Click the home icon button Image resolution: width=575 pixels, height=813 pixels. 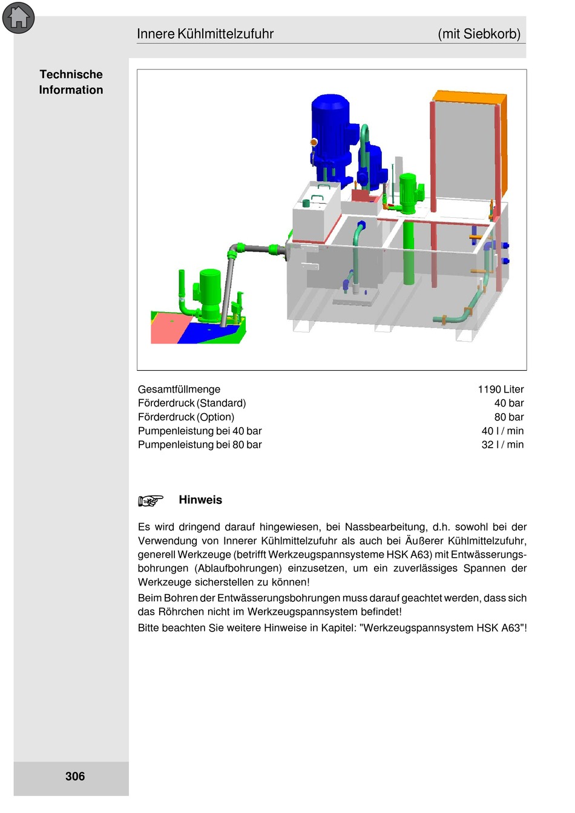[18, 18]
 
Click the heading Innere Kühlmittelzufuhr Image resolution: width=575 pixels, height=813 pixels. [205, 34]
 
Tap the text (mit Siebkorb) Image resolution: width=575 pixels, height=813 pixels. [479, 34]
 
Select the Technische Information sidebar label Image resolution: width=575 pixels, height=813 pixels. [71, 82]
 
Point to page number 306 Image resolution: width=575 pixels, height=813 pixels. [75, 776]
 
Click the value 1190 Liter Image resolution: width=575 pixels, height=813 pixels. [501, 390]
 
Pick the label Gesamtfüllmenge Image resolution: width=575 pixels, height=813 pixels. [179, 390]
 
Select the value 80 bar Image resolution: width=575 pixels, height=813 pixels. [508, 417]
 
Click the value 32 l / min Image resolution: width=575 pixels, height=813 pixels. [502, 445]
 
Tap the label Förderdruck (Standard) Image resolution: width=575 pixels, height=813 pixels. [192, 403]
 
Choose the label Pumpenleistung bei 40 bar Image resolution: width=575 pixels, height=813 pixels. [200, 431]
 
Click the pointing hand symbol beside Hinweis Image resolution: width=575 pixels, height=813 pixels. [151, 500]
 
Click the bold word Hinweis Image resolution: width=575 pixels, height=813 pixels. [200, 500]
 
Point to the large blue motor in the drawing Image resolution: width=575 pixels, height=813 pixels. [330, 130]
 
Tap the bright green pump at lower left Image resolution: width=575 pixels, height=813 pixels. [209, 293]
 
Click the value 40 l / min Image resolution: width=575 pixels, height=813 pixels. [502, 431]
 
